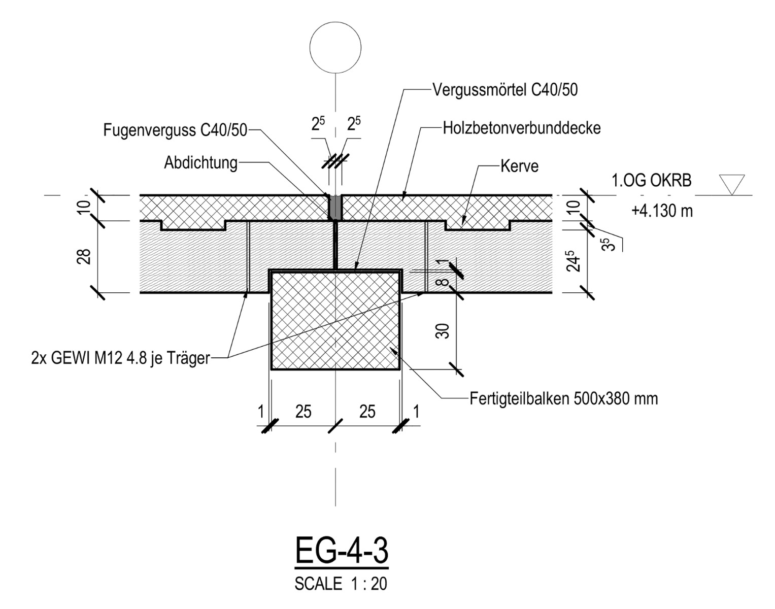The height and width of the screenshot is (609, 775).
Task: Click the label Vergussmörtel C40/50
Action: [x=504, y=90]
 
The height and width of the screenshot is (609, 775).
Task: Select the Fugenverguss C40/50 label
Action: [x=175, y=130]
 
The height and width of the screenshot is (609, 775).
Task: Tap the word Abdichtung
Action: [x=200, y=163]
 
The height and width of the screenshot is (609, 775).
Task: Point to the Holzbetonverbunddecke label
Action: [x=521, y=127]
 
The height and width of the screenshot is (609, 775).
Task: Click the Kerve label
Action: [x=519, y=166]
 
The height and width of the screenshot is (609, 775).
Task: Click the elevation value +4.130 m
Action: [x=662, y=210]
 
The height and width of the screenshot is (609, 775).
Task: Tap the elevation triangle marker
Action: [x=731, y=184]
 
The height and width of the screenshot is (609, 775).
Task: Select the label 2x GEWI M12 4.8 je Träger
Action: [x=120, y=358]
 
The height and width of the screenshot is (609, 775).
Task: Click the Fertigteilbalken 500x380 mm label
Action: [x=563, y=398]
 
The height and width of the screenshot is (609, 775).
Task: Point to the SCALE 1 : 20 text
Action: [x=341, y=584]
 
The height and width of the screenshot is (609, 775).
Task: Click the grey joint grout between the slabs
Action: [x=335, y=207]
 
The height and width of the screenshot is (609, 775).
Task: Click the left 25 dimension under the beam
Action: [x=303, y=412]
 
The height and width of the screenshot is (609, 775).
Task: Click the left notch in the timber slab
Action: [x=193, y=226]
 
